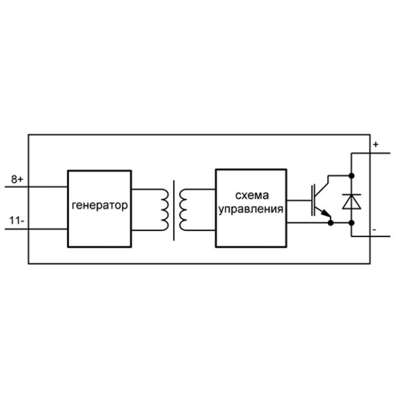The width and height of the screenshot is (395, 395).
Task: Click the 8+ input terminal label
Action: click(17, 180)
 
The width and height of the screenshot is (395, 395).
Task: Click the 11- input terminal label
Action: click(17, 221)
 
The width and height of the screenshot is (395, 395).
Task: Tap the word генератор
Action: click(100, 205)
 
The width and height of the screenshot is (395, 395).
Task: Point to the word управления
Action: click(251, 209)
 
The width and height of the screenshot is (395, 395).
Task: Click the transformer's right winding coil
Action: click(183, 210)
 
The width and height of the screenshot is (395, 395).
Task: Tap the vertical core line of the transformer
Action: click(174, 211)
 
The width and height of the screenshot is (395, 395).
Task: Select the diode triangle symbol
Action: click(352, 203)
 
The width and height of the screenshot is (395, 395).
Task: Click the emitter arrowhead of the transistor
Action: click(327, 214)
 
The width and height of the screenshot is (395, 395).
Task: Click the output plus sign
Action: click(376, 145)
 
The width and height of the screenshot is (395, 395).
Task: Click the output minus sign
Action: click(374, 230)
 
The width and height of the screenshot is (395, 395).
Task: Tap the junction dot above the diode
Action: click(352, 176)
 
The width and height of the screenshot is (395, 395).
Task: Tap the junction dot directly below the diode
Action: click(352, 223)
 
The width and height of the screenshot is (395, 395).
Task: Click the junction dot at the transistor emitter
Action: click(331, 223)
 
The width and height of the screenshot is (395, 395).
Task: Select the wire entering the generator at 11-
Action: click(36, 229)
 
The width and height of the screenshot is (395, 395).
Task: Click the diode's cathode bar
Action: click(352, 195)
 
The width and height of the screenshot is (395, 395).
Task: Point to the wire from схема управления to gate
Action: click(299, 201)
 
